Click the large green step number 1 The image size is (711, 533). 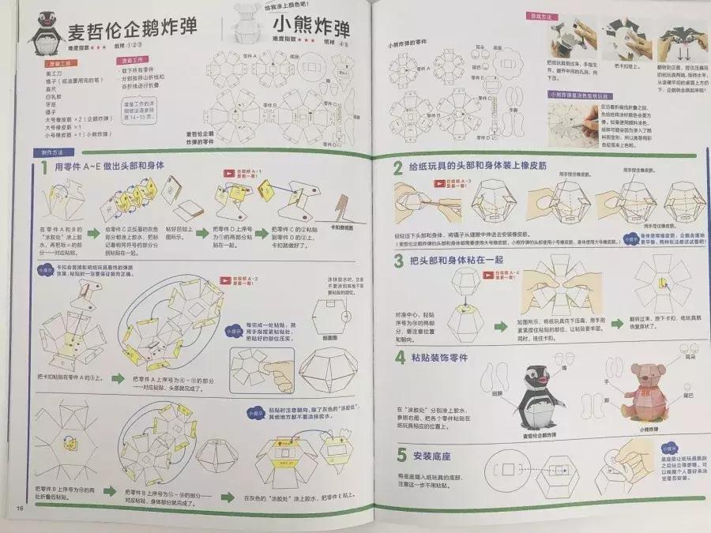tap(43, 167)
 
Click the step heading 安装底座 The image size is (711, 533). tap(431, 456)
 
